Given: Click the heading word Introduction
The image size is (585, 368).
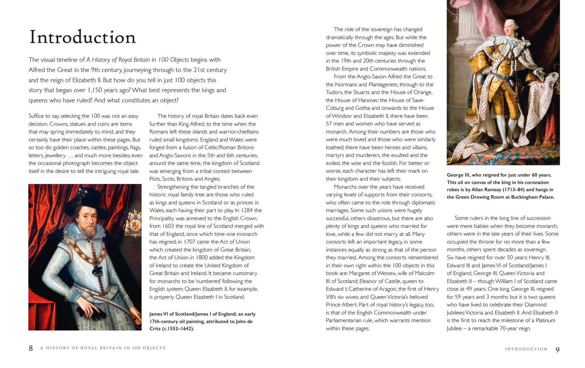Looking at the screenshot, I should (82, 37).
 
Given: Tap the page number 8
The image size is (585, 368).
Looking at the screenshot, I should (31, 348).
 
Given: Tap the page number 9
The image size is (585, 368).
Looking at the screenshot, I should (557, 349).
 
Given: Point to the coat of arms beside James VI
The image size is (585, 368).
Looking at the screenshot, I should (134, 223).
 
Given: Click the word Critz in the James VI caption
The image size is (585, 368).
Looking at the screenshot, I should (155, 328).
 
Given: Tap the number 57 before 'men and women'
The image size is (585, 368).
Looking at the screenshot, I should (330, 123).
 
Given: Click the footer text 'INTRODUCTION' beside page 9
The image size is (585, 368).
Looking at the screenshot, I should (526, 349).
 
